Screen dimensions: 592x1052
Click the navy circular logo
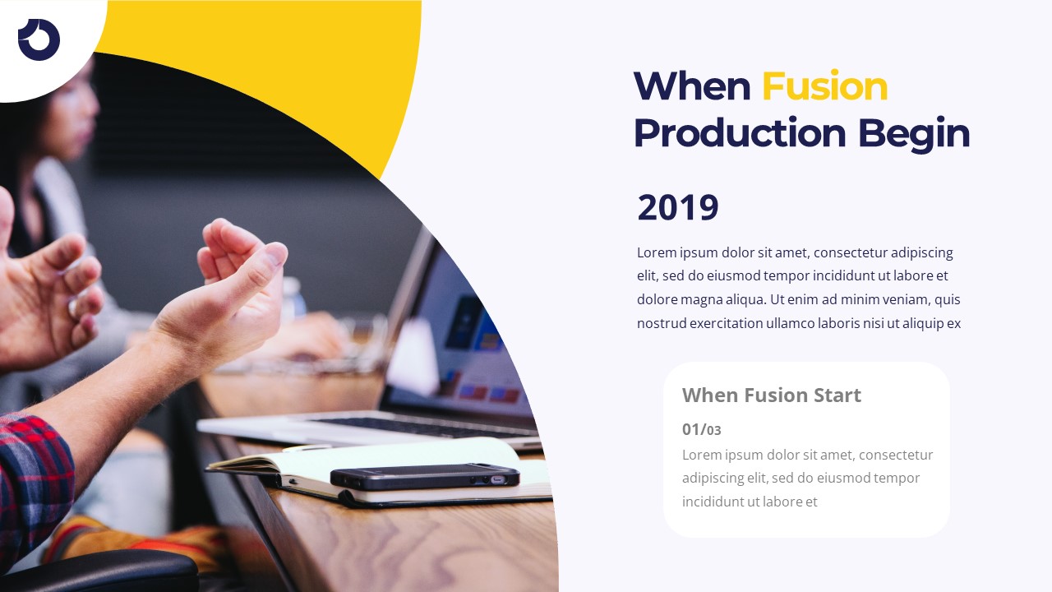coord(39,39)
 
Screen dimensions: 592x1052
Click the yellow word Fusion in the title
coord(824,86)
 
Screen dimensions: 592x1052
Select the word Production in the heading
coord(740,133)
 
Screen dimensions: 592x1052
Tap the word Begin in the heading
coord(913,133)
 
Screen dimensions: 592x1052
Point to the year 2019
coord(678,207)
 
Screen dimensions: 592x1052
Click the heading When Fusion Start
coord(771,395)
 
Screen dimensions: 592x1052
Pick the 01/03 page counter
coord(702,429)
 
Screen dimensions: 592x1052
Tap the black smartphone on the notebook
coord(424,476)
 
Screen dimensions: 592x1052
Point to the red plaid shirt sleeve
coord(33,477)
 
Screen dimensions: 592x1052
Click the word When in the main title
coord(691,86)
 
